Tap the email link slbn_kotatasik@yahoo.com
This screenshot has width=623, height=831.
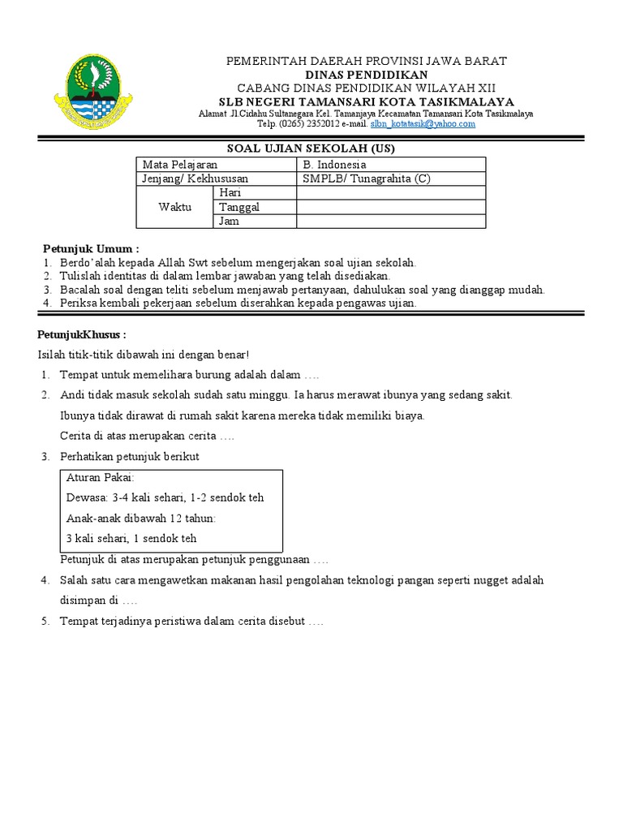coord(423,124)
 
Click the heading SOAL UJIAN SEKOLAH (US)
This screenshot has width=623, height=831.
coord(310,149)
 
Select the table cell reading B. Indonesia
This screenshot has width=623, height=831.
coord(334,165)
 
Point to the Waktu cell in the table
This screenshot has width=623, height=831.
coord(174,207)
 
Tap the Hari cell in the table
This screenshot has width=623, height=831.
coord(231,192)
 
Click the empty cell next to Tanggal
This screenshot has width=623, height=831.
coord(391,207)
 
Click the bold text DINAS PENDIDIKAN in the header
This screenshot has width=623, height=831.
coord(366,74)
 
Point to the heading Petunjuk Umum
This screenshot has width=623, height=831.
coord(91,248)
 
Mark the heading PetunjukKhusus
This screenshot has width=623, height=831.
coord(82,334)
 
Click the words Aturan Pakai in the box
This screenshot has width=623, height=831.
coord(100,477)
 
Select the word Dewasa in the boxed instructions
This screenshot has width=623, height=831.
coord(86,497)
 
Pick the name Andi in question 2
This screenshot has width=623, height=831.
coord(73,395)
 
